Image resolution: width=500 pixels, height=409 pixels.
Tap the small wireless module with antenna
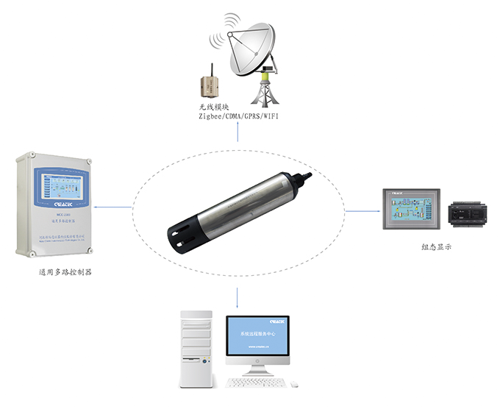pyautogui.click(x=207, y=83)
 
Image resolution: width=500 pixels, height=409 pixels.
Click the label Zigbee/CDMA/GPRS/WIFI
pyautogui.click(x=238, y=117)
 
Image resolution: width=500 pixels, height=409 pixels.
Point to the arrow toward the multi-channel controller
pyautogui.click(x=114, y=207)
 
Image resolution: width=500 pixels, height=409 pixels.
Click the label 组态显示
pyautogui.click(x=433, y=247)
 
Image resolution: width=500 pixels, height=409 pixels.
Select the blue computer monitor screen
pyautogui.click(x=257, y=339)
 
